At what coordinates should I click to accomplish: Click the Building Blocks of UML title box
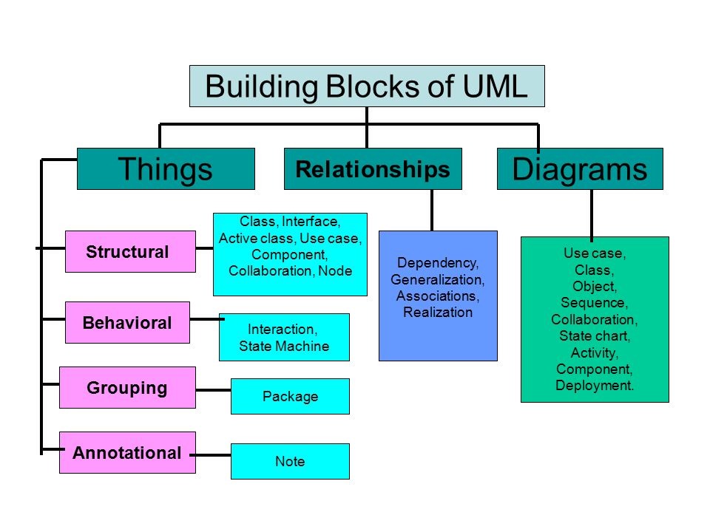coord(367,86)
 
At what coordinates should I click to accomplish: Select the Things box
coord(166,168)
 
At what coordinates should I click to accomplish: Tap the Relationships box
coord(373,168)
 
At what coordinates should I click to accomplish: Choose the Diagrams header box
coord(580,168)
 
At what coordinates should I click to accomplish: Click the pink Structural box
coord(130,251)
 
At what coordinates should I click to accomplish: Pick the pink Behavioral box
coord(127,323)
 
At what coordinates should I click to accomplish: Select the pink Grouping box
coord(127,388)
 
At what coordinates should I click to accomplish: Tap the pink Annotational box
coord(127,452)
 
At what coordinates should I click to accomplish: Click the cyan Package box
coord(290,396)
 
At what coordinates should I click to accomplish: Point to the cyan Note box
coord(290,461)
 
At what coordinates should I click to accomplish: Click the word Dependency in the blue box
coord(437,263)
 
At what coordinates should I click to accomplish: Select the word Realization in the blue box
coord(438,312)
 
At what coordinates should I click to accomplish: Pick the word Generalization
coord(437,279)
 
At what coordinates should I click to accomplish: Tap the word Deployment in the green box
coord(594,386)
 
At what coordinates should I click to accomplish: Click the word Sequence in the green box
coord(593,303)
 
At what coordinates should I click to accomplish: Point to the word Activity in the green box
coord(594,353)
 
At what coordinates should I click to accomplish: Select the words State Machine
coord(284,346)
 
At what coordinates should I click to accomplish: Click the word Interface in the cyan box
coord(310,222)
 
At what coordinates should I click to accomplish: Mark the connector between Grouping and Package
coord(213,390)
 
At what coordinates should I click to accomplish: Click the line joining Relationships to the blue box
coord(432,211)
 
